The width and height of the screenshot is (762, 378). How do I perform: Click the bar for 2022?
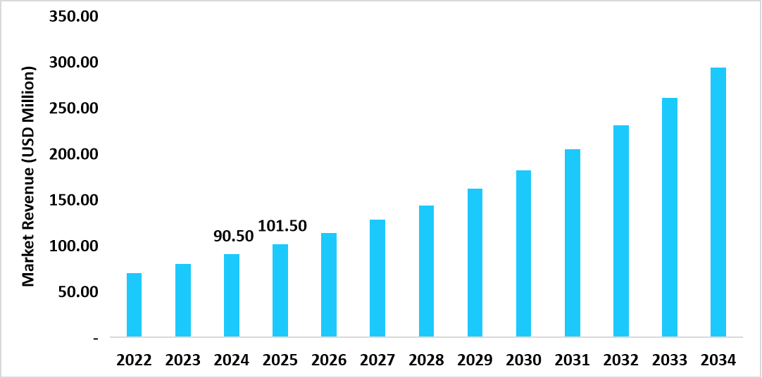(134, 305)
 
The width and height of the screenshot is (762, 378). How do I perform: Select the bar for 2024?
(231, 296)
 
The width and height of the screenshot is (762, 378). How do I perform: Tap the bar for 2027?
(377, 278)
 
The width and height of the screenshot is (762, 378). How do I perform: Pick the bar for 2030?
(523, 253)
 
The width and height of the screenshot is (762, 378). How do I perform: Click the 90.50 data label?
(232, 237)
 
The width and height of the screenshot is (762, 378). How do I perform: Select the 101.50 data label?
(282, 226)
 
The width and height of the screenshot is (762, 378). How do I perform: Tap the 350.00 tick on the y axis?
(73, 16)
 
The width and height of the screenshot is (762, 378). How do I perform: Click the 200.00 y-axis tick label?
(73, 154)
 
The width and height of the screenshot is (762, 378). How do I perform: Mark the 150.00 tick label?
(73, 200)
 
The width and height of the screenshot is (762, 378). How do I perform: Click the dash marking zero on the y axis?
(95, 338)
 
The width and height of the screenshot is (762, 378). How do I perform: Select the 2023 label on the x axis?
(182, 360)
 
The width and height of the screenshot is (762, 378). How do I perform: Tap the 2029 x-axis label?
(475, 360)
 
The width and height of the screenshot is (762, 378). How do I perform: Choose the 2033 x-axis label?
(669, 360)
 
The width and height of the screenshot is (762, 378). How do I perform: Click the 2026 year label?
(329, 360)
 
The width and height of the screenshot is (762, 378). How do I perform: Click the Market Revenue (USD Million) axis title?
(28, 176)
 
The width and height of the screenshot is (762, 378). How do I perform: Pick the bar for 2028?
(426, 271)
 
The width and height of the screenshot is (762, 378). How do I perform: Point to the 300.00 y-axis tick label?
(73, 63)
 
